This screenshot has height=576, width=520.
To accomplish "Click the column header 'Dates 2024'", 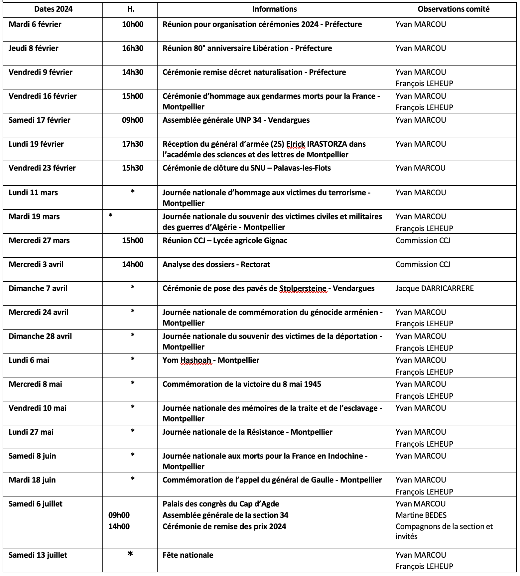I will click(x=53, y=9).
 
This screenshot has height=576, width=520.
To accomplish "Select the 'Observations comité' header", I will click(x=453, y=9).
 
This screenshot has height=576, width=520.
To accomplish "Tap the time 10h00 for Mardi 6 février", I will click(x=133, y=24).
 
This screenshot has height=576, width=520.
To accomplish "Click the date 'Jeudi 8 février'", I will click(x=34, y=48).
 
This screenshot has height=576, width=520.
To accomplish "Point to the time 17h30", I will click(x=133, y=144).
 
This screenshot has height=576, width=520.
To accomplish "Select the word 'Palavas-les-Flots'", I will click(x=302, y=168).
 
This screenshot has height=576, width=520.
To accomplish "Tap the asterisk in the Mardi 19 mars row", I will click(x=110, y=216).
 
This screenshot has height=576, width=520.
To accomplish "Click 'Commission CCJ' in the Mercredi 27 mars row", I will click(x=423, y=240).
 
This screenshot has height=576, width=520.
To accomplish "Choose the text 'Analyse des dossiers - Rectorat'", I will click(x=216, y=264).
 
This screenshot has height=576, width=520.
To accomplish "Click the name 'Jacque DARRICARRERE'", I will click(x=434, y=288).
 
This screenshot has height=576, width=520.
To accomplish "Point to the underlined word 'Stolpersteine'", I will click(x=303, y=288).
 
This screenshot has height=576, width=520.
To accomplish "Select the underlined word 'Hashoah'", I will click(x=196, y=360).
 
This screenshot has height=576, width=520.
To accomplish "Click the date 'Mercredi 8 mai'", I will click(x=35, y=384).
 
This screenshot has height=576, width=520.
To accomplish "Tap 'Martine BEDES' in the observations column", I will click(x=421, y=515).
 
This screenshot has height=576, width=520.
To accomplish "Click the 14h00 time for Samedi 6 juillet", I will click(x=119, y=526).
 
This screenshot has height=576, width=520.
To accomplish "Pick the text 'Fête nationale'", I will click(x=188, y=555).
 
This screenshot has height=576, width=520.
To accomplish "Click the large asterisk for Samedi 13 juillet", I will click(x=130, y=554).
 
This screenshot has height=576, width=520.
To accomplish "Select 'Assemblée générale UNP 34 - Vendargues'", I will click(x=236, y=120).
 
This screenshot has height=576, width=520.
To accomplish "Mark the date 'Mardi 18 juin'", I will click(x=32, y=480).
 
